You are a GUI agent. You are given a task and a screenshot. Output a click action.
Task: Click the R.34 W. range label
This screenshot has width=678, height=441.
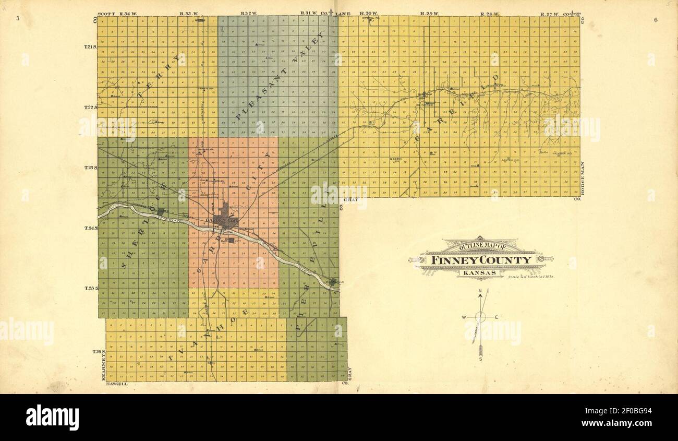[127, 13]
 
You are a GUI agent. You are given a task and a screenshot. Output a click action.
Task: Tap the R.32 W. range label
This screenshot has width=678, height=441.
[247, 13]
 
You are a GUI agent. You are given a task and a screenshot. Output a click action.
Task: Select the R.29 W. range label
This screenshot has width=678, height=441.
[427, 13]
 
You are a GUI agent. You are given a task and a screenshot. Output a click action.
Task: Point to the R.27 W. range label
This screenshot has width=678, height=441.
[549, 13]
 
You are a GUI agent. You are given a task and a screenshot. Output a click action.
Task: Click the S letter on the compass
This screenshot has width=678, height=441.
[480, 359]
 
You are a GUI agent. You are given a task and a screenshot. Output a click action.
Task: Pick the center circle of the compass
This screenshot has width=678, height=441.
[481, 316]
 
